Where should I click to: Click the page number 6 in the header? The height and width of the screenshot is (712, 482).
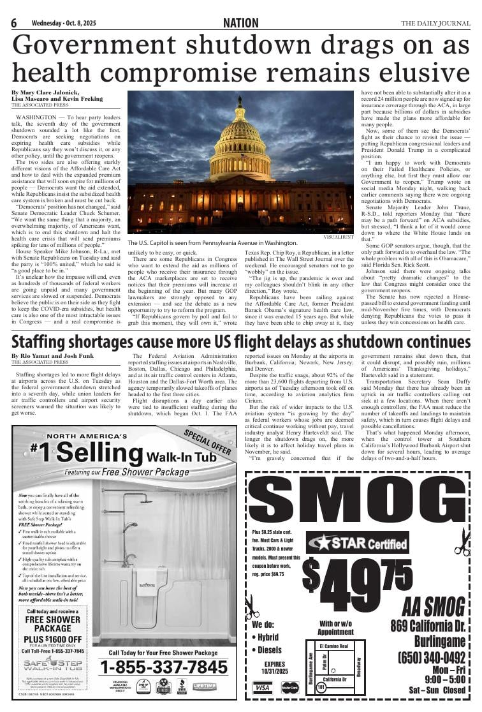pos(13,24)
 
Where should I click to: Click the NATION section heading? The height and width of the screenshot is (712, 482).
pos(241,24)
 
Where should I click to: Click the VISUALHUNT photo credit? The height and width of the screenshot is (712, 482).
pos(338,236)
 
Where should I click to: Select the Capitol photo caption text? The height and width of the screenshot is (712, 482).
pos(212,243)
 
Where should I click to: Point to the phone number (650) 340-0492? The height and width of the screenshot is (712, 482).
pos(431,657)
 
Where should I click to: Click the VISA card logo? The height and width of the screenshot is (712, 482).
pos(262,688)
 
